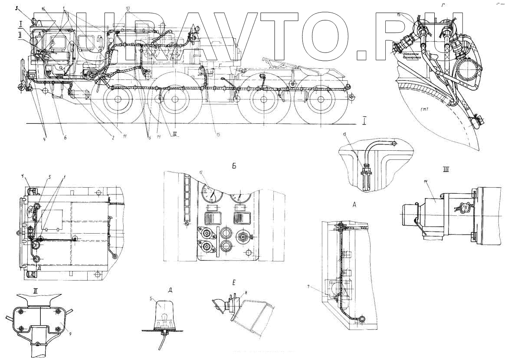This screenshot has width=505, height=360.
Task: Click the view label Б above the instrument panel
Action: tap(234, 165)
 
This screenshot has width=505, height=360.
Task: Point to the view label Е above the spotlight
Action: tap(233, 283)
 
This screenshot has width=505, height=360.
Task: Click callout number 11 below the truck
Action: tap(125, 137)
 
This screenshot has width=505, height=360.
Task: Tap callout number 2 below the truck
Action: tap(112, 137)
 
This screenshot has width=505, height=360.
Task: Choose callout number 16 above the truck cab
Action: tap(43, 9)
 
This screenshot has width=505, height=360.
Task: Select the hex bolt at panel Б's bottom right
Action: tap(249, 252)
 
